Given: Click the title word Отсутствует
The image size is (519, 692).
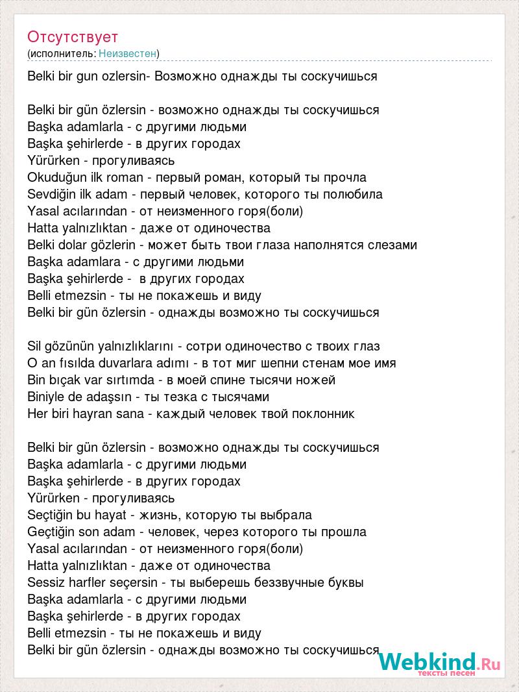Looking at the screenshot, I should click(73, 36).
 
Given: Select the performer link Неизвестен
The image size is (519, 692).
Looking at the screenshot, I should click(128, 53).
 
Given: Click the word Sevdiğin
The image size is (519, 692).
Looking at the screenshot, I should click(50, 194).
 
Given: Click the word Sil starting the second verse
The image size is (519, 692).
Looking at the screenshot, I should click(34, 346).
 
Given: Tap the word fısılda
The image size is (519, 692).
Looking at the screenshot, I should click(84, 363).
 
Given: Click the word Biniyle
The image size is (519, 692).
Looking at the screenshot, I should click(48, 397).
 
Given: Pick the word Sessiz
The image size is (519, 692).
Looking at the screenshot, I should click(45, 582).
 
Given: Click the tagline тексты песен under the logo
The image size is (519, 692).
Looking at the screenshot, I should click(446, 673).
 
